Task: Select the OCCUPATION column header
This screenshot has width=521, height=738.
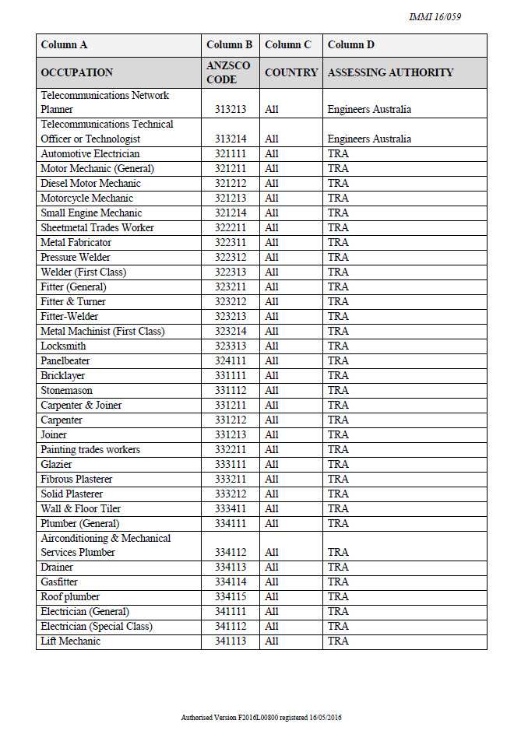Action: point(76,72)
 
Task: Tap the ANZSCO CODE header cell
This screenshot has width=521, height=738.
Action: point(228,72)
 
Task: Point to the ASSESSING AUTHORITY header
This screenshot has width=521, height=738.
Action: point(390,72)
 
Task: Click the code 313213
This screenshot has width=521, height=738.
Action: point(231,110)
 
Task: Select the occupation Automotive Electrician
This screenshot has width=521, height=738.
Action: point(90,154)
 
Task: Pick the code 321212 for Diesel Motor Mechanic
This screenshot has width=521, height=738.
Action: point(231,184)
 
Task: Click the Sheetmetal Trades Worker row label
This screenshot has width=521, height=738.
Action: point(97,228)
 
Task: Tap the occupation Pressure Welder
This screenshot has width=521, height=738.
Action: point(76,258)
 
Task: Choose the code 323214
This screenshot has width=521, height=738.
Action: point(231,332)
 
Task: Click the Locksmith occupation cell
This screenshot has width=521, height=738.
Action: point(63,346)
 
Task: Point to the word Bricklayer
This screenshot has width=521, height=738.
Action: point(63,376)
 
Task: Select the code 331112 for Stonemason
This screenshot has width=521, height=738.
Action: point(231,391)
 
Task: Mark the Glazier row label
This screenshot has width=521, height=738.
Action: point(56,465)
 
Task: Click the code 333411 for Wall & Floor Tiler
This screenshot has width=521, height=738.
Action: point(231,509)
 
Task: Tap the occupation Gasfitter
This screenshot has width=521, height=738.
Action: point(59,582)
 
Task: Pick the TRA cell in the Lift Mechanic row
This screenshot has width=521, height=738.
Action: point(338,641)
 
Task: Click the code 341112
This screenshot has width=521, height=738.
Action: point(231,627)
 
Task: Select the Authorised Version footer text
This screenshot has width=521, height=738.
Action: point(261,717)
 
